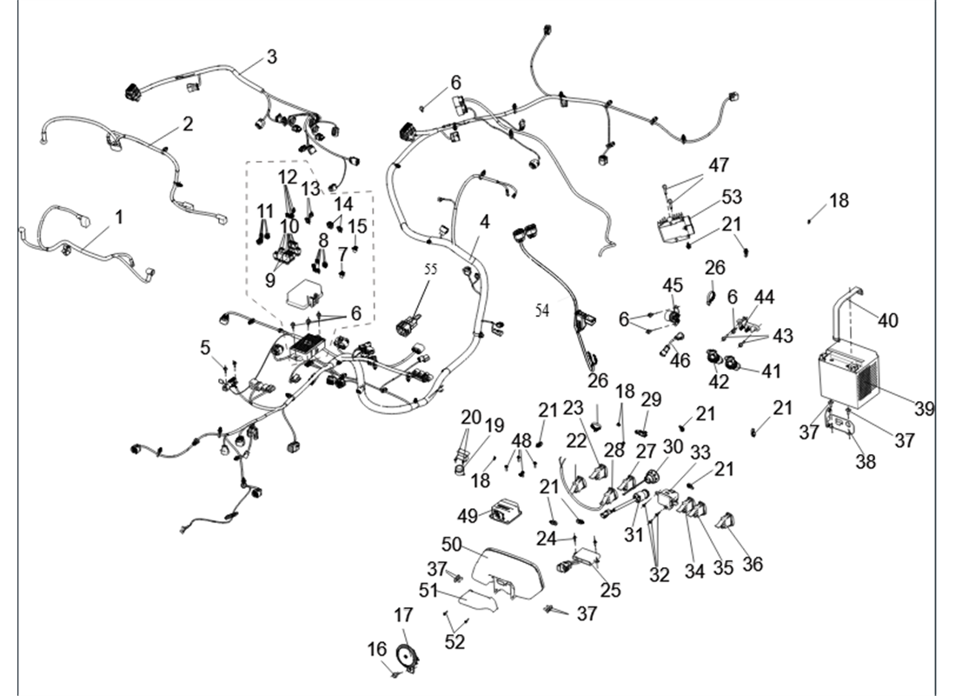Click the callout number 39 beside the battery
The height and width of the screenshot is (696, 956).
(x=924, y=408)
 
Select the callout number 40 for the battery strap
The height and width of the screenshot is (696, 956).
(x=887, y=321)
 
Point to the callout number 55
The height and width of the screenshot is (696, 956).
(x=430, y=270)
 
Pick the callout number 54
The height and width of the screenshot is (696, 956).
(x=542, y=311)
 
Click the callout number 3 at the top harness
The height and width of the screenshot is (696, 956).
(x=272, y=57)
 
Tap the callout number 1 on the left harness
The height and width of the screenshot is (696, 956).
(x=119, y=216)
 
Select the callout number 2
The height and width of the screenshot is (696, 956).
(x=188, y=124)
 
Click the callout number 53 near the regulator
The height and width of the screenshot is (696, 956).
(x=731, y=197)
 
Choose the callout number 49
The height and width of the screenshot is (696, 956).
(x=468, y=516)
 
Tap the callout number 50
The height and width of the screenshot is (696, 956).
(x=452, y=545)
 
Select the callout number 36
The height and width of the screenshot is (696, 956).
(x=753, y=564)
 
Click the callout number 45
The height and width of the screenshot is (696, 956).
(x=674, y=285)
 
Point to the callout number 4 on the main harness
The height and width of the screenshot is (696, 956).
(x=484, y=222)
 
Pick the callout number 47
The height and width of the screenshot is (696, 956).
(x=719, y=165)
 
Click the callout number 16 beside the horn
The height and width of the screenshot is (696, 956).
(x=376, y=649)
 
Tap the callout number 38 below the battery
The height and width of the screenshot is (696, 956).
(x=865, y=463)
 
